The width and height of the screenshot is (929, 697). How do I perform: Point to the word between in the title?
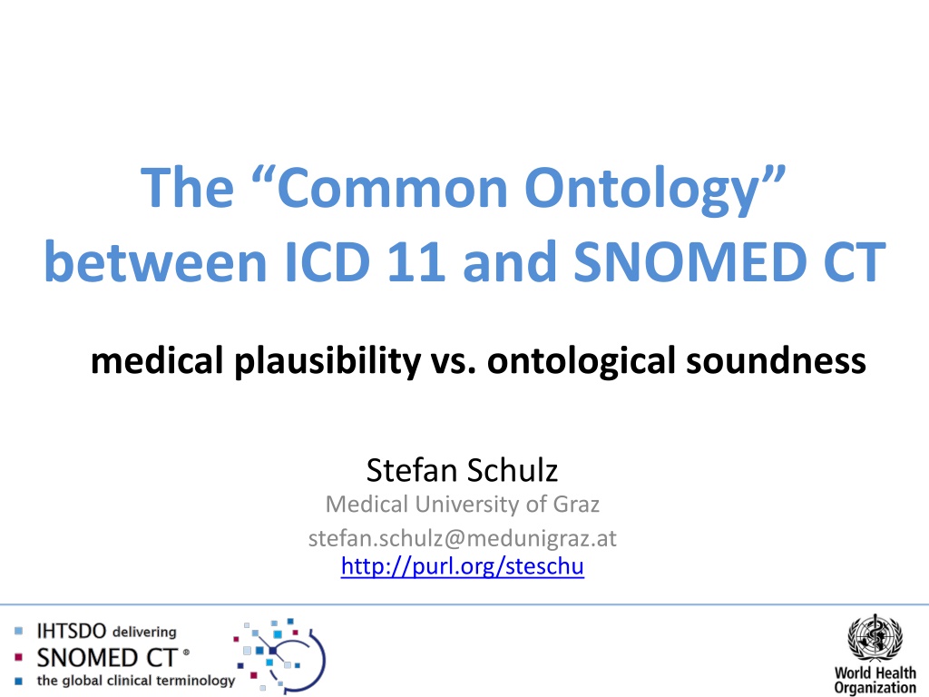point(156,261)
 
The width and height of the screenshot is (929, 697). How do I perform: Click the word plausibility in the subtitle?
point(327,361)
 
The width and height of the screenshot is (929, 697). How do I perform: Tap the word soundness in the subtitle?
point(777,361)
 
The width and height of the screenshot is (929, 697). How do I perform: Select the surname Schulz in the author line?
point(512,470)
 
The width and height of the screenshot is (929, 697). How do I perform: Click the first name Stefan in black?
point(411,470)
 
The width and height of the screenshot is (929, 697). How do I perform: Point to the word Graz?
point(576,505)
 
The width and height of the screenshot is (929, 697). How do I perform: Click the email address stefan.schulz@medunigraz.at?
point(462,538)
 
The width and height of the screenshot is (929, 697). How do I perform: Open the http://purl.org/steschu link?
point(462,566)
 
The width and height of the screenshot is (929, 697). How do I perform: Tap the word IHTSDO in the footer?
point(71,632)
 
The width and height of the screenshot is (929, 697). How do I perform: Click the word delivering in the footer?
point(144,632)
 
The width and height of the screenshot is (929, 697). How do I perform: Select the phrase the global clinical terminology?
point(136,681)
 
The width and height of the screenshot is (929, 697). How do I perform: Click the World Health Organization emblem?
point(875,638)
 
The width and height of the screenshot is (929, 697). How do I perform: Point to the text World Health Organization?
point(875,681)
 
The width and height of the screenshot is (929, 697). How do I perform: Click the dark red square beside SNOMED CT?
point(18,657)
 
